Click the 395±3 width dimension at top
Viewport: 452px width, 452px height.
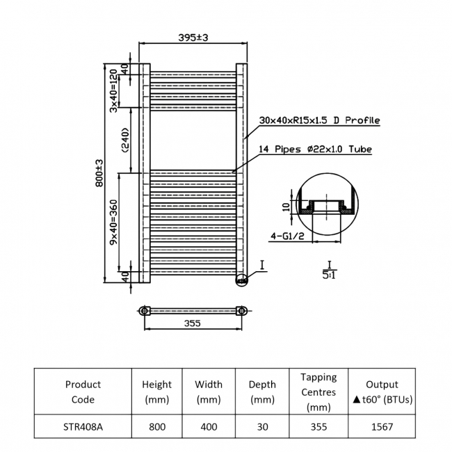194,37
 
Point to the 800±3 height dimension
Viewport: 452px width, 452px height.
99,172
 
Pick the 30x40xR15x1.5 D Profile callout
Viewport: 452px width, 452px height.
319,120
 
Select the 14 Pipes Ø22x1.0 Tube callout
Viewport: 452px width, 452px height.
315,150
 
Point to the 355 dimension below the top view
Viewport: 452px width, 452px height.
193,323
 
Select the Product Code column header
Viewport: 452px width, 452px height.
83,392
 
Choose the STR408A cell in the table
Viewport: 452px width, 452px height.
83,427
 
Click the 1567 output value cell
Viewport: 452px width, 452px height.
381,427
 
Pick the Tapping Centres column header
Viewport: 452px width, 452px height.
318,392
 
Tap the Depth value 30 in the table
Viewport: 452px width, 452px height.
262,427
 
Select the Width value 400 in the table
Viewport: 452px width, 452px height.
209,427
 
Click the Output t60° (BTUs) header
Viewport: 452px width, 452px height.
381,392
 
